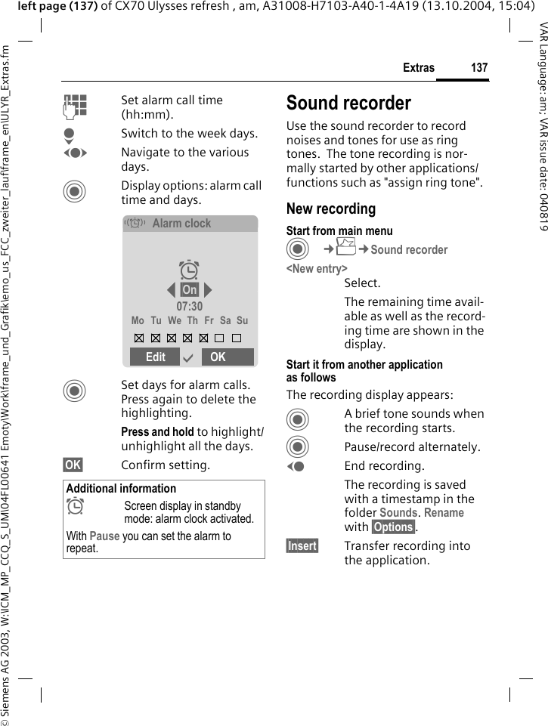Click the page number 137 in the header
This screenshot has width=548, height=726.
[479, 68]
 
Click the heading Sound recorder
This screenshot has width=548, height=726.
[348, 103]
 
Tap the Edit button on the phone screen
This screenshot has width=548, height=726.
[156, 357]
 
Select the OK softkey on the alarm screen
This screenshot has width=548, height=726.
[218, 357]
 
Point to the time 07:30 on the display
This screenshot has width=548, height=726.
[190, 307]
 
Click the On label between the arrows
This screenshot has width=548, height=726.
[190, 290]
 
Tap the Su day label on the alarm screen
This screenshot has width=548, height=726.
[242, 321]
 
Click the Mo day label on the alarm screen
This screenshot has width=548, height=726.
[138, 321]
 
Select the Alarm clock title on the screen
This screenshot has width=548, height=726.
[181, 224]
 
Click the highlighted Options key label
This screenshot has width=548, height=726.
[393, 527]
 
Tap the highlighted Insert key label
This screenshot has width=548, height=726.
[302, 546]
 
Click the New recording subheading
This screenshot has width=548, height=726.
[331, 209]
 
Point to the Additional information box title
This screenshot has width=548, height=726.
[121, 489]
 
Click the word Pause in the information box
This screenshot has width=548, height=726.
[104, 536]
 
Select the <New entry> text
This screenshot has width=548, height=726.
[317, 269]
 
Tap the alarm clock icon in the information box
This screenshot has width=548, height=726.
[75, 508]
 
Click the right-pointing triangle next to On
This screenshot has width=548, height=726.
[208, 290]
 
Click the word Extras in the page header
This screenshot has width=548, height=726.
[419, 68]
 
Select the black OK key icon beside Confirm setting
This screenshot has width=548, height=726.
[74, 465]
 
